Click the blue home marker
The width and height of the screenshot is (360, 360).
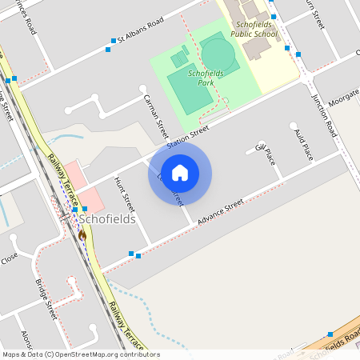(180, 173)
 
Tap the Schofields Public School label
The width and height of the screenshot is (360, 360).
(254, 30)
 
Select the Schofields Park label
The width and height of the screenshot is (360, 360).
(201, 78)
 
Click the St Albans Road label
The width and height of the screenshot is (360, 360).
(140, 30)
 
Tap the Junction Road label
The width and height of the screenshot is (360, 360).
(325, 115)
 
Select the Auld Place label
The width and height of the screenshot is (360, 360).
(303, 143)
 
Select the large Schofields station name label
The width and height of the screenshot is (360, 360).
(106, 218)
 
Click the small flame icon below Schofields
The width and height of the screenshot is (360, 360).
(82, 235)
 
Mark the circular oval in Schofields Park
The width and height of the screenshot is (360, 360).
(218, 54)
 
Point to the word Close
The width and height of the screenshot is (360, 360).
(9, 258)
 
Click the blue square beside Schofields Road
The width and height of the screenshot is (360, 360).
(330, 334)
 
